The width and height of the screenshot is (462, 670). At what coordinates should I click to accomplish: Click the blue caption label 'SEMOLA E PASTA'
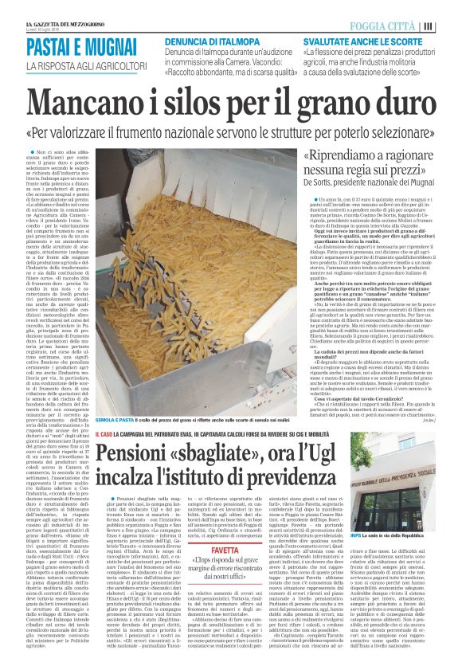point(116,420)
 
